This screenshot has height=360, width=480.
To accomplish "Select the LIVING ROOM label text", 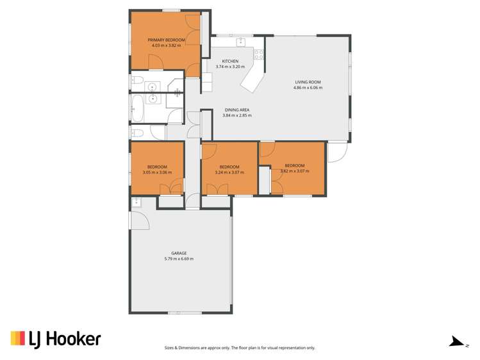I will coord(308,82).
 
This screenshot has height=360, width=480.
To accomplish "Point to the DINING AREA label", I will coord(236,110).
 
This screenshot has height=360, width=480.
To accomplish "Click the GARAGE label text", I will coord(179,253).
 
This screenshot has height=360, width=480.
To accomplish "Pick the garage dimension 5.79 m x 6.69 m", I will coord(179,259).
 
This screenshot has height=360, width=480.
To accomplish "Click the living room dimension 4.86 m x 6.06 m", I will coord(308,88).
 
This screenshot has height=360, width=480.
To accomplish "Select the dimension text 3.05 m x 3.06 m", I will coord(157,172).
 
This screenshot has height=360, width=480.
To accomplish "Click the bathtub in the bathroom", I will coord(137,107).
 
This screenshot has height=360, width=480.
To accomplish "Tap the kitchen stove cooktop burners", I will coord(259,54).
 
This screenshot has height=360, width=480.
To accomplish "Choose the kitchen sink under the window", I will coord(242,43).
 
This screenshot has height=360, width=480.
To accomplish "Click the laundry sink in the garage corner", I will coord(137,202).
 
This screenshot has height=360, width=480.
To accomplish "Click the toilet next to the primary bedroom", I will coord(137,81).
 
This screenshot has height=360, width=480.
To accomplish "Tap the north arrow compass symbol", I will coord(456,342).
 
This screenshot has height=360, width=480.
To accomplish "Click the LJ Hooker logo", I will coord(55,340).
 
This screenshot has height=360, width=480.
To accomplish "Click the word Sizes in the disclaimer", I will coord(170,348).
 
